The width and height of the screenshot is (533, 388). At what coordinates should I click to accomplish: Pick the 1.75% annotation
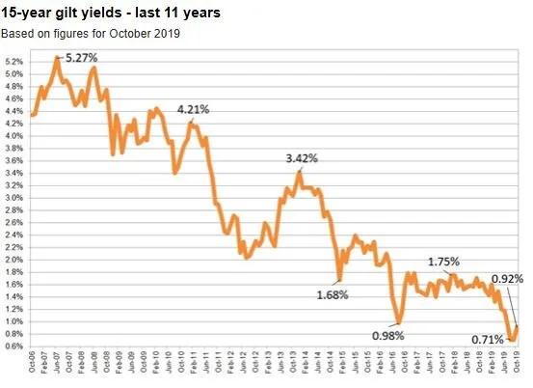443,262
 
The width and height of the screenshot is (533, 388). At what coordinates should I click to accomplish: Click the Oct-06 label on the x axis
34,367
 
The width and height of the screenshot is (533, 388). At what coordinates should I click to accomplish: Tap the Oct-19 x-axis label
518,367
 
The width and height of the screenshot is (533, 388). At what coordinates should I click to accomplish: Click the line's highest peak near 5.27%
57,58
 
